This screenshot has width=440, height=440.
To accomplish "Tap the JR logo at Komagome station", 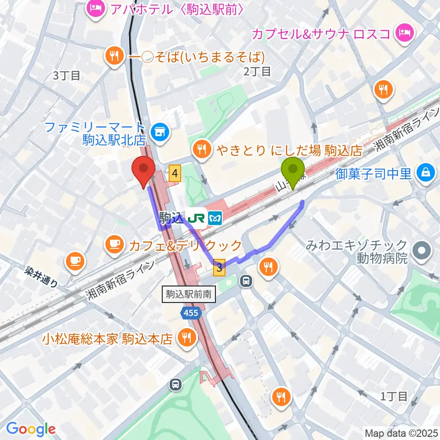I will coord(198,217).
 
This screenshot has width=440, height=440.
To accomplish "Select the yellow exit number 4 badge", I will coord(175,173).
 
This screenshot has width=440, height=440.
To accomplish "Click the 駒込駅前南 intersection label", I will coord(189,294).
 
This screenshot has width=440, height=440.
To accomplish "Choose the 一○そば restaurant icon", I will coord(113,56).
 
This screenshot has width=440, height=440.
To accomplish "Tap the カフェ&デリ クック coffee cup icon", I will coord(114,245).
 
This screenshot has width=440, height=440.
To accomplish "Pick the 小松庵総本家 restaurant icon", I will coord(187,339).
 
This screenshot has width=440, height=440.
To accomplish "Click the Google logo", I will coord(31,428).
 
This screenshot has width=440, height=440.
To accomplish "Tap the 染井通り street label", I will coord(41,278).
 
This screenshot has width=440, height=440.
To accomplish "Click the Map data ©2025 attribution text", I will coord(401,433).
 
